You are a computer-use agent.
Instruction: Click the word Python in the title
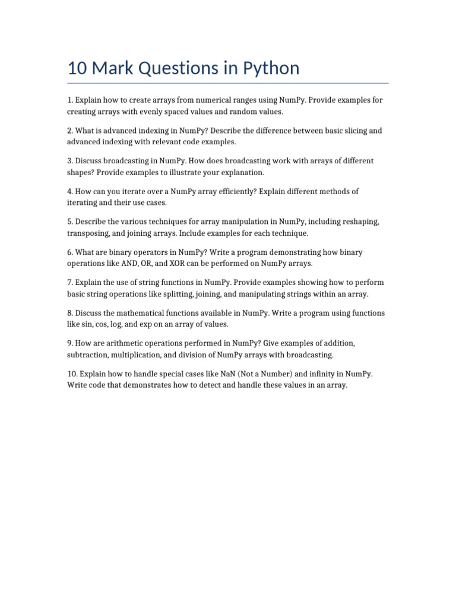pyautogui.click(x=271, y=68)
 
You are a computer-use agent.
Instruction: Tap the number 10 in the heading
pyautogui.click(x=77, y=68)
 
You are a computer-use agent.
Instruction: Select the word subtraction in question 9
pyautogui.click(x=89, y=354)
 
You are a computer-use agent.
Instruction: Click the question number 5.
pyautogui.click(x=69, y=222)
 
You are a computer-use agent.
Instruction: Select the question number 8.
pyautogui.click(x=69, y=313)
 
